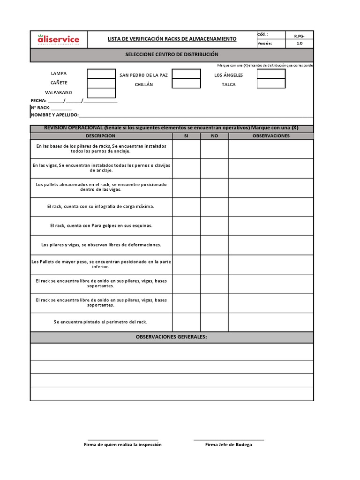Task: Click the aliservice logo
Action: coord(58,39)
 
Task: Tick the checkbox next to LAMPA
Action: coord(101,74)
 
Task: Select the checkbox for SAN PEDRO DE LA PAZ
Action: coord(186,74)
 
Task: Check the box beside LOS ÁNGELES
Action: coord(271,74)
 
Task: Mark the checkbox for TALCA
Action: coord(271,83)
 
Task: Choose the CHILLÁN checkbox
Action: coord(186,83)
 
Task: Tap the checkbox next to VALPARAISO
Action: coord(101,93)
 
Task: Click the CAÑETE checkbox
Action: coord(101,83)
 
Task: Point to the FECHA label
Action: coord(38,101)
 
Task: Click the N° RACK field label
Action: coord(40,108)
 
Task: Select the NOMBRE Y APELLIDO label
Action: coord(55,115)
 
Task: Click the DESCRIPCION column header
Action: coord(101,136)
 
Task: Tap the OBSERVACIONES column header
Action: coord(271,136)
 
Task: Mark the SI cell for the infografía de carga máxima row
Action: coord(186,207)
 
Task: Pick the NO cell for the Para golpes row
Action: coord(214,226)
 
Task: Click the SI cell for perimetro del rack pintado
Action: coord(186,322)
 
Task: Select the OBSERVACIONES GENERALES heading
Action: coord(172,337)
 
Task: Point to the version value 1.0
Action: coord(300,44)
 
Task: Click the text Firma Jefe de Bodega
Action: coord(228,444)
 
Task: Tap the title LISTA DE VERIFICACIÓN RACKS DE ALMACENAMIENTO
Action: coord(172,39)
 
